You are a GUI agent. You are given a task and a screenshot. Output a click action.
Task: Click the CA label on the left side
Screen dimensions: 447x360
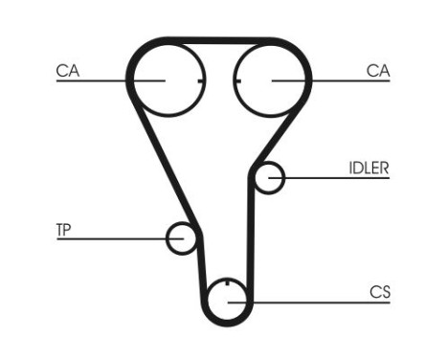click(67, 69)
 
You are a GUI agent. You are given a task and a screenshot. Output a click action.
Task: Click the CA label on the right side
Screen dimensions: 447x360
click(378, 69)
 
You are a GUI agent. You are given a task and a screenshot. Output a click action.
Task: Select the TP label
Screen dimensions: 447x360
click(64, 230)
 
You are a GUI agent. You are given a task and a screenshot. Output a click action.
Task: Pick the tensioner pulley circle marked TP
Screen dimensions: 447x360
click(181, 238)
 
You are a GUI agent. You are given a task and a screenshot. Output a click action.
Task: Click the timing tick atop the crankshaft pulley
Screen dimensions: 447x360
click(227, 284)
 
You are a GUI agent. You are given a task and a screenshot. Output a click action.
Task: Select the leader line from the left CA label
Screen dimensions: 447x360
click(105, 80)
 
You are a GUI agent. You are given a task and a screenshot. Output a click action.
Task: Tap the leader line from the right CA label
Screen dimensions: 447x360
click(335, 80)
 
